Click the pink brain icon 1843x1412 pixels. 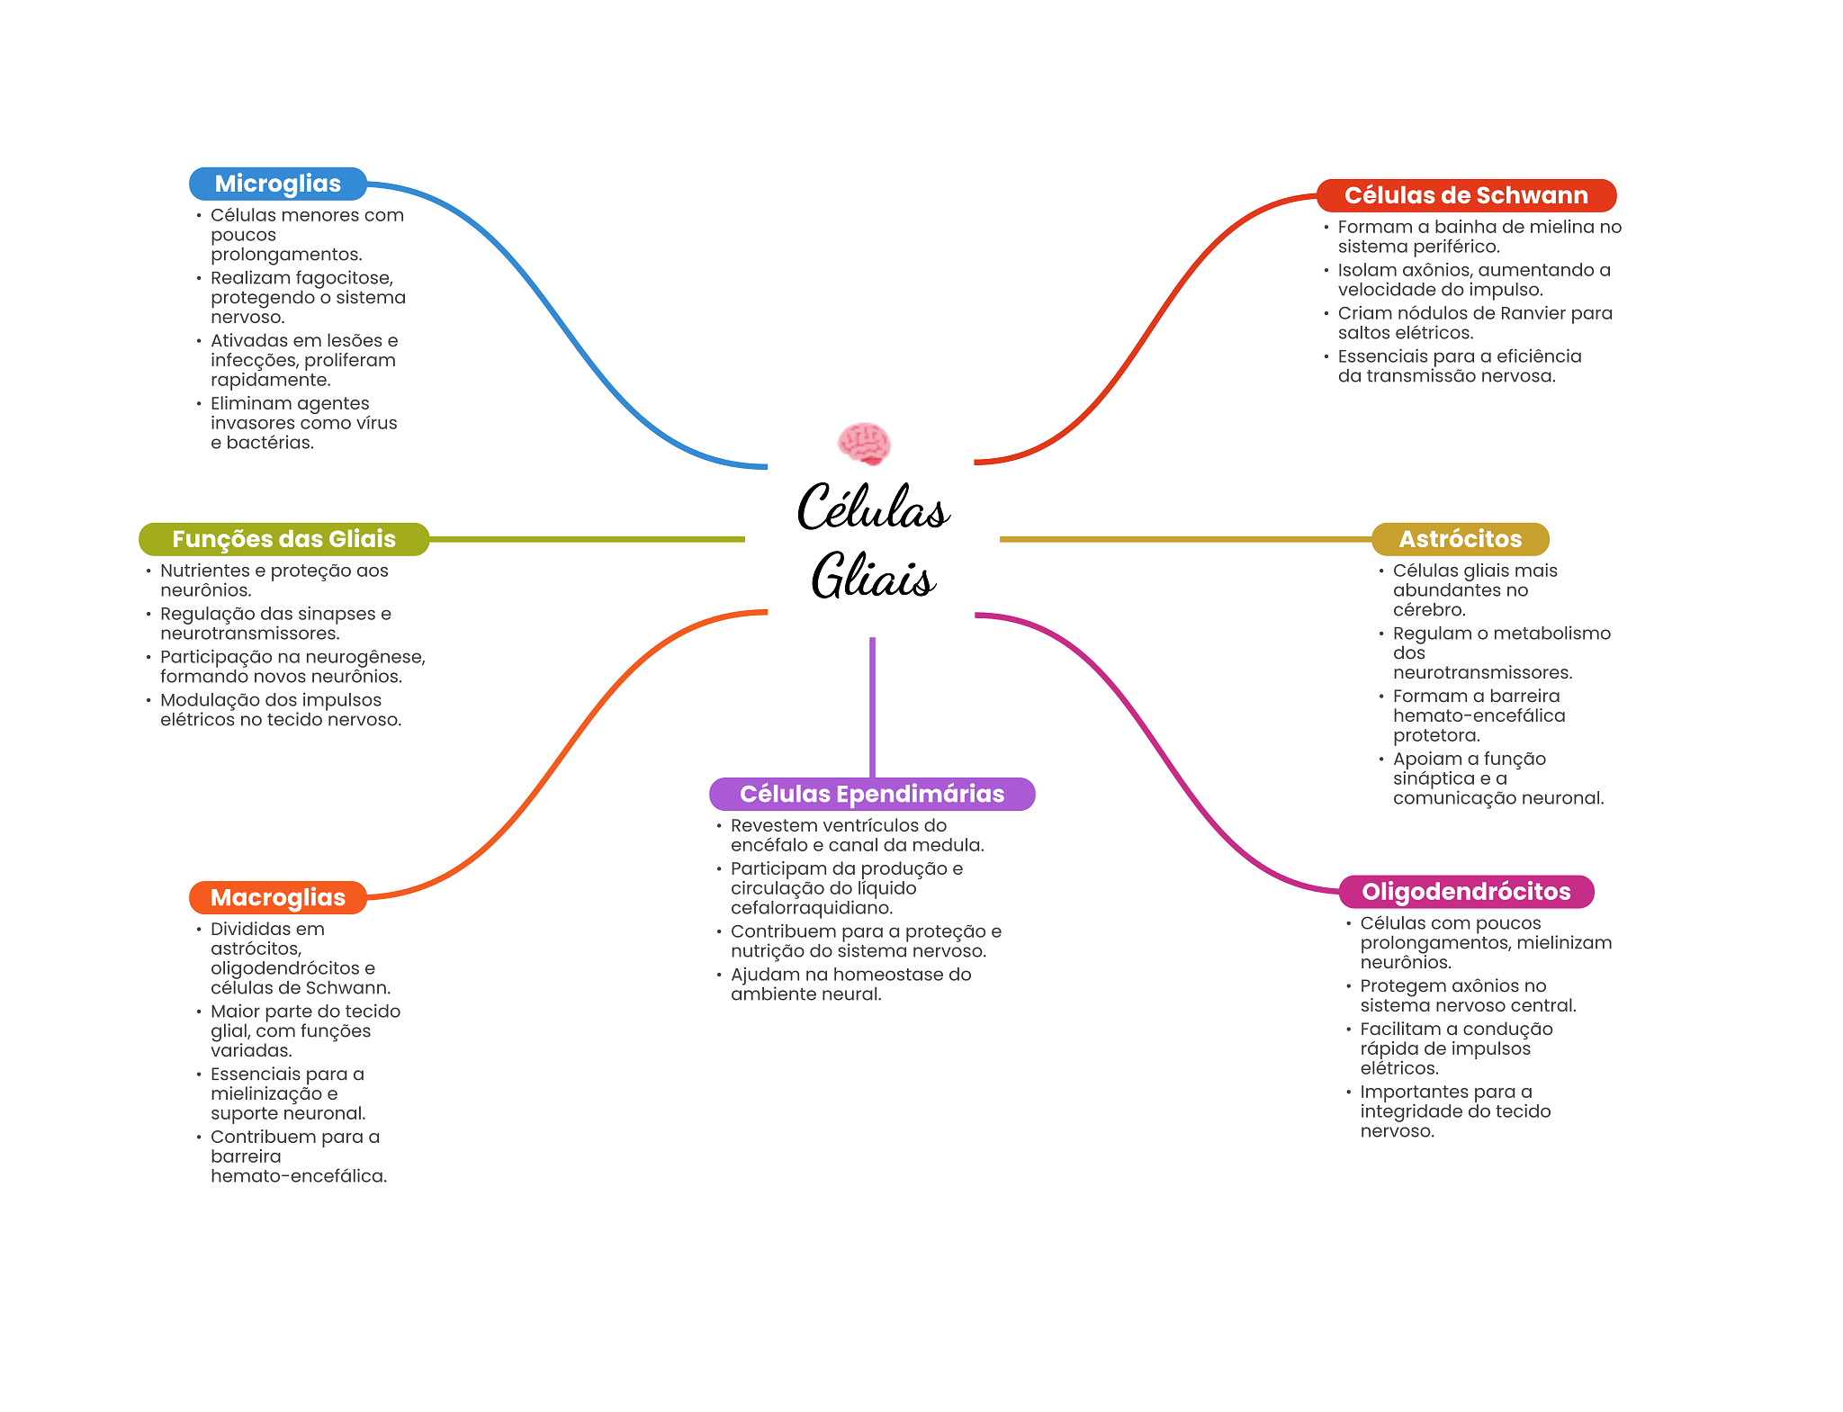point(864,443)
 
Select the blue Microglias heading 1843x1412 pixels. point(278,184)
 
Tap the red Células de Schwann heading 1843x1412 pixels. point(1466,195)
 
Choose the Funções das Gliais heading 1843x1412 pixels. point(283,539)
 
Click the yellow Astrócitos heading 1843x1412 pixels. point(1460,539)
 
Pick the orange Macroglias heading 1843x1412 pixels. point(278,897)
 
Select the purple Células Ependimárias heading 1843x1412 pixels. point(872,794)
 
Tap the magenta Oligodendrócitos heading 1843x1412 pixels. point(1466,892)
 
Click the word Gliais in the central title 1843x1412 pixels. point(873,576)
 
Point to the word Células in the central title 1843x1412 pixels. point(873,507)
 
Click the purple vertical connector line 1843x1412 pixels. point(872,707)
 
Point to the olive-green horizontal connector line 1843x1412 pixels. point(587,539)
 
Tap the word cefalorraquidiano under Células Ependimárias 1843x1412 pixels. point(812,908)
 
